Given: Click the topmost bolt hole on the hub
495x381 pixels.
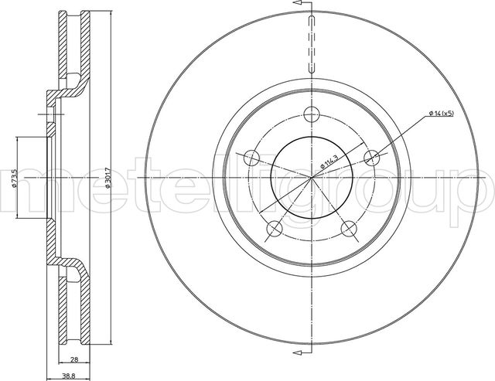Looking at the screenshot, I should pyautogui.click(x=312, y=114).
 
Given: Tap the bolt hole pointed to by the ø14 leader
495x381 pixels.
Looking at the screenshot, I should pyautogui.click(x=372, y=158).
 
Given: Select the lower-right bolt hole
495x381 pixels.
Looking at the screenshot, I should pyautogui.click(x=349, y=229).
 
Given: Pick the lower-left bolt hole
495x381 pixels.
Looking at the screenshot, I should pyautogui.click(x=274, y=229).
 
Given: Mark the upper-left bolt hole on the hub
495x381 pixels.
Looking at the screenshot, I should pyautogui.click(x=251, y=158).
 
